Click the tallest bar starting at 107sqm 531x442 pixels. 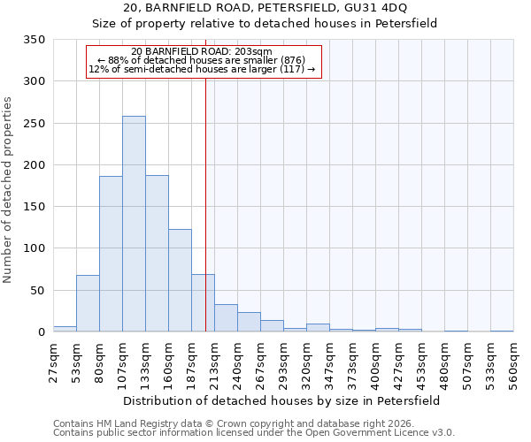point(134,225)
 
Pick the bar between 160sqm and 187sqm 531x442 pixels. point(180,281)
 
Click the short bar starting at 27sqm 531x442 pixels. point(65,329)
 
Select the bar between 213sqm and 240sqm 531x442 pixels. point(226,318)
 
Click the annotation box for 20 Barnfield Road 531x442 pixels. point(203,61)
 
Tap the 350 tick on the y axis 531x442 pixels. point(35,40)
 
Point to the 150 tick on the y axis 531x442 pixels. point(35,207)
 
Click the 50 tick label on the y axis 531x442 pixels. point(38,291)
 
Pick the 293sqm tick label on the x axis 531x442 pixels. point(283,362)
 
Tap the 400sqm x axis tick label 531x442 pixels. point(375,362)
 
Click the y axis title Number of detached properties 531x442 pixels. point(9,190)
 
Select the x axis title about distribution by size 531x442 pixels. point(281,400)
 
